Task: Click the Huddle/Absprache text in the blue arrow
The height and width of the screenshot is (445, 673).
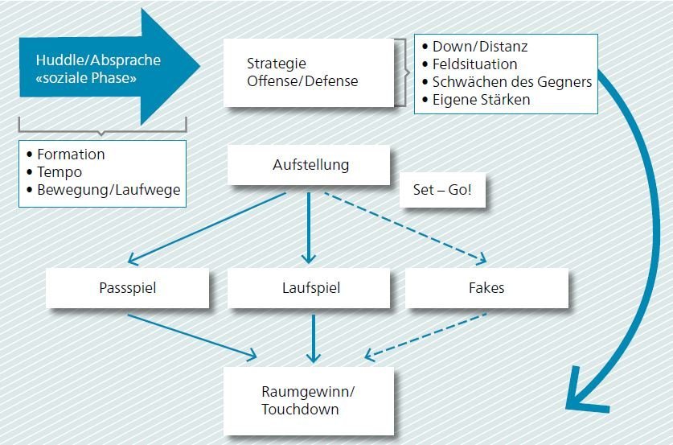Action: point(98,60)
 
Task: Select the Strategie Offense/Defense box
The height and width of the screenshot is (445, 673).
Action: point(309,72)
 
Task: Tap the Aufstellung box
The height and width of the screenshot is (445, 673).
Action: point(309,165)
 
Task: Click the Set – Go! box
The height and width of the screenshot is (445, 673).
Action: point(442,190)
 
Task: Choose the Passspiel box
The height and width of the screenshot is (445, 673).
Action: point(128,288)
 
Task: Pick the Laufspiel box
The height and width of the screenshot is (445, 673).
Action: point(309,288)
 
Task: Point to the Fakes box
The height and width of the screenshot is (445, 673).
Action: point(486,288)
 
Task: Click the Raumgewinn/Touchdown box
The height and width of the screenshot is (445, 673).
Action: point(309,401)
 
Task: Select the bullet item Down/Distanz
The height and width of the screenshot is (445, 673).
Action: point(474,47)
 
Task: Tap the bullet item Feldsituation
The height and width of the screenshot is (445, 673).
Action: point(470,64)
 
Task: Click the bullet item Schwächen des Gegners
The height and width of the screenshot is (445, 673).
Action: point(507,82)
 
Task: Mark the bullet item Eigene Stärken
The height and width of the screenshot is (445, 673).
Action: point(476,100)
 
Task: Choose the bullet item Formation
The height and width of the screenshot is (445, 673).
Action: point(66,155)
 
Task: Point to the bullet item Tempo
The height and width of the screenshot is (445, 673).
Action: point(54,172)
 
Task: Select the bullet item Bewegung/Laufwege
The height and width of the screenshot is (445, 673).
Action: point(104,190)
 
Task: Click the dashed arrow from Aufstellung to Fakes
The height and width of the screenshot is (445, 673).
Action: point(405,227)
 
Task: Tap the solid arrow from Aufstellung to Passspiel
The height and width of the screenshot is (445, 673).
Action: point(207,228)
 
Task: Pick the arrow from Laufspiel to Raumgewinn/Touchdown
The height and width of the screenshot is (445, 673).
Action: point(314,339)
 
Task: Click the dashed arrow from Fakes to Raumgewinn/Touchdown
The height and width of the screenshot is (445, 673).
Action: point(425,336)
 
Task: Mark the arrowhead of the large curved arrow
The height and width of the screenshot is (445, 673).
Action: point(586,393)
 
